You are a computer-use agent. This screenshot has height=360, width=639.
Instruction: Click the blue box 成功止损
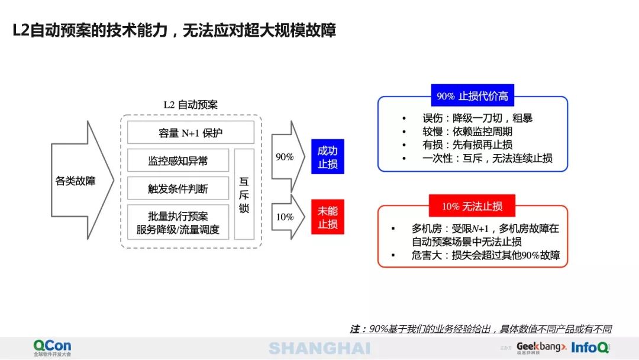point(327,157)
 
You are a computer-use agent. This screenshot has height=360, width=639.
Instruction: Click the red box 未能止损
point(327,217)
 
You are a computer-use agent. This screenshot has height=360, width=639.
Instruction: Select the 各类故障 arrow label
point(76,181)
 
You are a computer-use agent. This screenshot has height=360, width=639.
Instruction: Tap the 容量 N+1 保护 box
point(191,133)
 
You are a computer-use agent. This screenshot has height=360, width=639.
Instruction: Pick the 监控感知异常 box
point(178,160)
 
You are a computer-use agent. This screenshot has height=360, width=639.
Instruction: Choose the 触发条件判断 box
point(178,189)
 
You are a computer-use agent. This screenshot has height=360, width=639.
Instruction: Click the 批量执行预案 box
point(178,222)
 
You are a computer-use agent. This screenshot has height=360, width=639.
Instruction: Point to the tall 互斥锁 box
point(244,194)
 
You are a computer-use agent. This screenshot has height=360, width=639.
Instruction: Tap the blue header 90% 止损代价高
point(472,96)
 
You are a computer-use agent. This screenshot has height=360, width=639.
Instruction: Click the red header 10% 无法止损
point(472,206)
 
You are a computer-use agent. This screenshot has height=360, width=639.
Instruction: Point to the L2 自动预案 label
point(191,105)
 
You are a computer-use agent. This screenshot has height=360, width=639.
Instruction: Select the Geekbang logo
point(541,347)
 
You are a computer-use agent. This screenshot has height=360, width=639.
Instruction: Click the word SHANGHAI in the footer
point(319,348)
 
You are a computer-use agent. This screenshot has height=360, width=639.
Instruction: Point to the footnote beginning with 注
point(480,329)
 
